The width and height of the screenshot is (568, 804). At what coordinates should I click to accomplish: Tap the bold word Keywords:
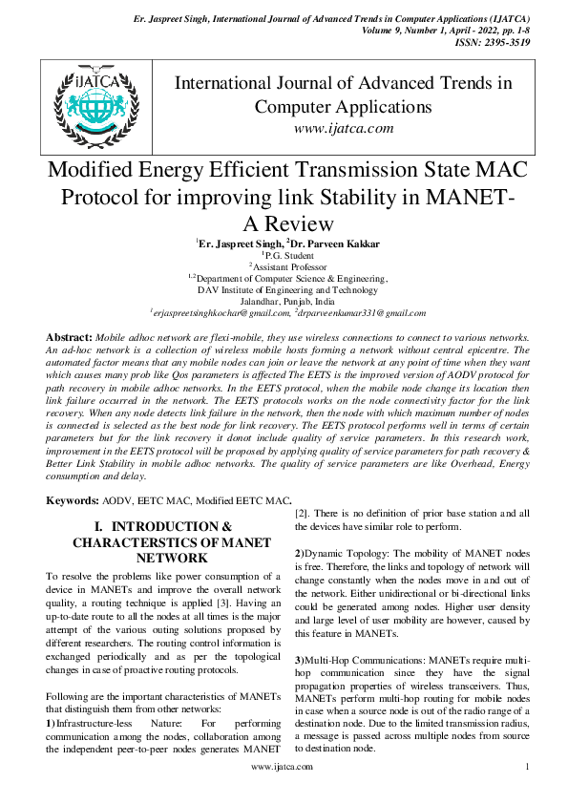pyautogui.click(x=74, y=500)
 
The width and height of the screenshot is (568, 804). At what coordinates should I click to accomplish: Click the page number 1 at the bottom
pyautogui.click(x=527, y=767)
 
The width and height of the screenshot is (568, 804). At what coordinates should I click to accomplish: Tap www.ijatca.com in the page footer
pyautogui.click(x=281, y=767)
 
